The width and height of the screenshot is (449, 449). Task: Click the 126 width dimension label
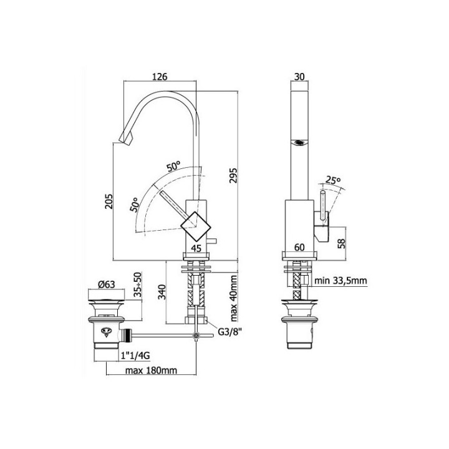tap(160, 77)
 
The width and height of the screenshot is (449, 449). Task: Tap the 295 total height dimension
tap(233, 175)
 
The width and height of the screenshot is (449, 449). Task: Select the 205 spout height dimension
tap(109, 201)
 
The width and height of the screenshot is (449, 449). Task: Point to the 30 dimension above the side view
tap(299, 77)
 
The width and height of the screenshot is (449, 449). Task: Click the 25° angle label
tap(333, 180)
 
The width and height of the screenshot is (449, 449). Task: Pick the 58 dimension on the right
tap(342, 243)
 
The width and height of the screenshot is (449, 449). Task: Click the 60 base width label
tap(299, 247)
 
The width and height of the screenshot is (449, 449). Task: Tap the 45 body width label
tap(196, 248)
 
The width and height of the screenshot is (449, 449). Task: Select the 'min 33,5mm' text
tap(340, 281)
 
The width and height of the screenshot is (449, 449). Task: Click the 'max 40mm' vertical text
tap(234, 298)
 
